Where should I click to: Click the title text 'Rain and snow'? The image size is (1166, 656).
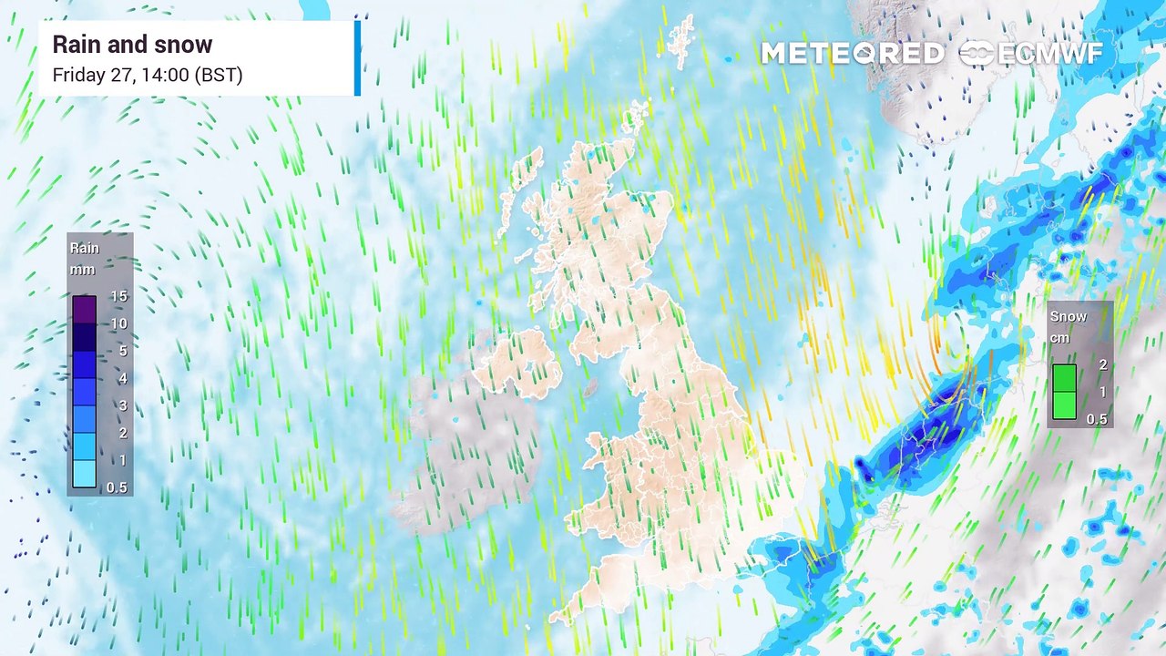click(x=132, y=45)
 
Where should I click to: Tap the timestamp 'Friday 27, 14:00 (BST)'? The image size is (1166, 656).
click(x=148, y=75)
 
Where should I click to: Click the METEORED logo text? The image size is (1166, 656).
click(x=852, y=54)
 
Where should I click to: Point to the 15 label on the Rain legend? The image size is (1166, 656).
click(x=118, y=296)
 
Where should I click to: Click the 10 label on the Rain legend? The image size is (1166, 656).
click(x=118, y=323)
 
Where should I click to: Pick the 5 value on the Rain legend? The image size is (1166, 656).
click(x=122, y=351)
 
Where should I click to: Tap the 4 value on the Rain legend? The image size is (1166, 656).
click(x=122, y=378)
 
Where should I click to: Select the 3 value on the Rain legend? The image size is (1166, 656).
click(x=122, y=405)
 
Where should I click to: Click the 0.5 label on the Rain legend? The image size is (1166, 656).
click(x=117, y=487)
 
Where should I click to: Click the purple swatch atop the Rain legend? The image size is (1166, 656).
click(x=84, y=310)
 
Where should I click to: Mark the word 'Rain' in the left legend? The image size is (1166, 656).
click(x=85, y=248)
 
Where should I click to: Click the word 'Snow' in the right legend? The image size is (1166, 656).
click(x=1069, y=316)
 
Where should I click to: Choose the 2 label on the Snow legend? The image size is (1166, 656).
click(x=1102, y=364)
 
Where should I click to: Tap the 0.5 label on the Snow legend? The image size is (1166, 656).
click(x=1097, y=419)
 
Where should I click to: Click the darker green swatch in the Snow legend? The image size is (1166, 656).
click(x=1064, y=378)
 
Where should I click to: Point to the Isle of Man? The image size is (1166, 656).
click(x=590, y=387)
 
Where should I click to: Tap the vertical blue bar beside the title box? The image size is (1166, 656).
click(x=357, y=57)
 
